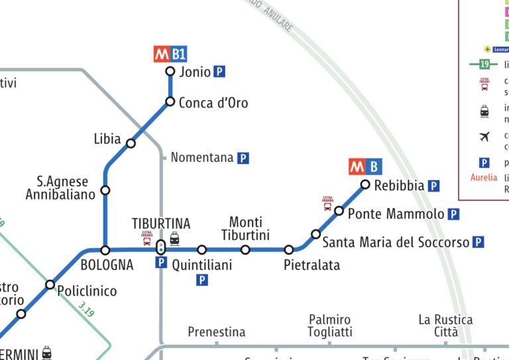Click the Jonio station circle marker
click(x=170, y=72)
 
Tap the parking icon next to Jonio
click(x=219, y=72)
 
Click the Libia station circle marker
click(x=131, y=143)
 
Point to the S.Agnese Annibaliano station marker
click(x=105, y=191)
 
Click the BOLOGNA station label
click(x=107, y=265)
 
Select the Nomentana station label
click(x=202, y=158)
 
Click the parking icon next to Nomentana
click(x=243, y=158)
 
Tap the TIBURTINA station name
click(x=161, y=223)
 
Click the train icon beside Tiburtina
click(x=174, y=239)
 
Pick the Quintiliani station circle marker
click(x=202, y=250)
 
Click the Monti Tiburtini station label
click(x=245, y=229)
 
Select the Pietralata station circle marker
click(x=289, y=250)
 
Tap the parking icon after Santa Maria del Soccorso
click(x=479, y=243)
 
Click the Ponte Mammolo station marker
click(x=339, y=211)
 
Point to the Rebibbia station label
click(x=399, y=186)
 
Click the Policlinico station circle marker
click(x=50, y=285)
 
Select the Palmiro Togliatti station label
click(x=330, y=326)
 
